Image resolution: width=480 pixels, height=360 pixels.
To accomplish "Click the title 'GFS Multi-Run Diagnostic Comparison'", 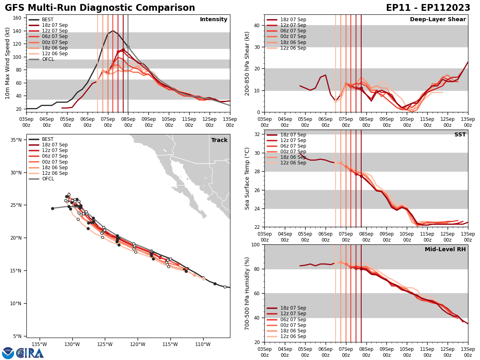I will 100,8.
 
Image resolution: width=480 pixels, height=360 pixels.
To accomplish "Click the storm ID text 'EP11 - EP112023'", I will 428,8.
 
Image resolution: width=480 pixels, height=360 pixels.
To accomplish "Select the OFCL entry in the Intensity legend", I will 48,59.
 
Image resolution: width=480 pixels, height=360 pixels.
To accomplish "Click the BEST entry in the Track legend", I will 48,139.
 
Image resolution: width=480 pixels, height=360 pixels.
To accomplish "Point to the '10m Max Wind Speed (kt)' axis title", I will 8,63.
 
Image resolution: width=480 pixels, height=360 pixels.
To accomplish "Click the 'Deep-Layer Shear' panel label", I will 438,20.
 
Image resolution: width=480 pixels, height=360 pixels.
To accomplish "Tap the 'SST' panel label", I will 460,135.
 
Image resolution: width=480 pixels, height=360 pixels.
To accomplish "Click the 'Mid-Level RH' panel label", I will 445,250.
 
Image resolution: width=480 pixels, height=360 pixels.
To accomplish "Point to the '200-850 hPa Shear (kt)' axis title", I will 248,63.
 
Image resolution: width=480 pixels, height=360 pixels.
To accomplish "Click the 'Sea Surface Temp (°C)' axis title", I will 248,178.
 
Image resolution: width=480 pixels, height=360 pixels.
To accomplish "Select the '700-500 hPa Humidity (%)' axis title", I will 248,293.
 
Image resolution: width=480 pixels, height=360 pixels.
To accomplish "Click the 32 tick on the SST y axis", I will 258,134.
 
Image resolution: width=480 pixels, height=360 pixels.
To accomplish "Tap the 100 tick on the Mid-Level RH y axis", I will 256,244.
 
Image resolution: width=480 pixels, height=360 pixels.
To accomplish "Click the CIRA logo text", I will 30,353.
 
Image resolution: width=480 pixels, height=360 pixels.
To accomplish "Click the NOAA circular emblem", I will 8,353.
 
